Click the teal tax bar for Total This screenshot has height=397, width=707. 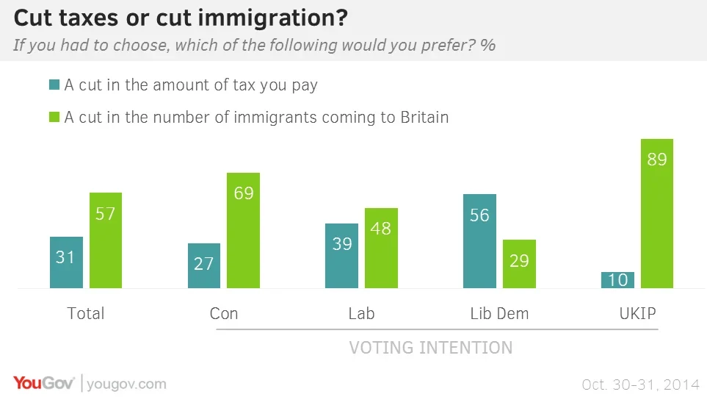(x=66, y=262)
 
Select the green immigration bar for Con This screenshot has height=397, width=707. (x=243, y=230)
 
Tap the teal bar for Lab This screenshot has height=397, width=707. (x=341, y=256)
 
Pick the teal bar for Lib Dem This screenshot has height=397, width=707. (x=479, y=241)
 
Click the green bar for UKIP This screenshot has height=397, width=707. (x=656, y=213)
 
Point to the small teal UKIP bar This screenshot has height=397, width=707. (x=617, y=280)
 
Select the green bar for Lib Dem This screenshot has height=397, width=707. (x=519, y=264)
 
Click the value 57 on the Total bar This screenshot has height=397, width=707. (x=106, y=214)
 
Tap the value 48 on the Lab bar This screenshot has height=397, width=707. (x=381, y=228)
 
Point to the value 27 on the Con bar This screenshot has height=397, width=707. (x=203, y=263)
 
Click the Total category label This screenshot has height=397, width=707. (x=86, y=314)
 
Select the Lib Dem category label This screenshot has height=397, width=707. (x=499, y=314)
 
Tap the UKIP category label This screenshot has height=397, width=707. (x=637, y=314)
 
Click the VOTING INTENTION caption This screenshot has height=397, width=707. (x=430, y=347)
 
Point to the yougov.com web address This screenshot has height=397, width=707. (x=127, y=384)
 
